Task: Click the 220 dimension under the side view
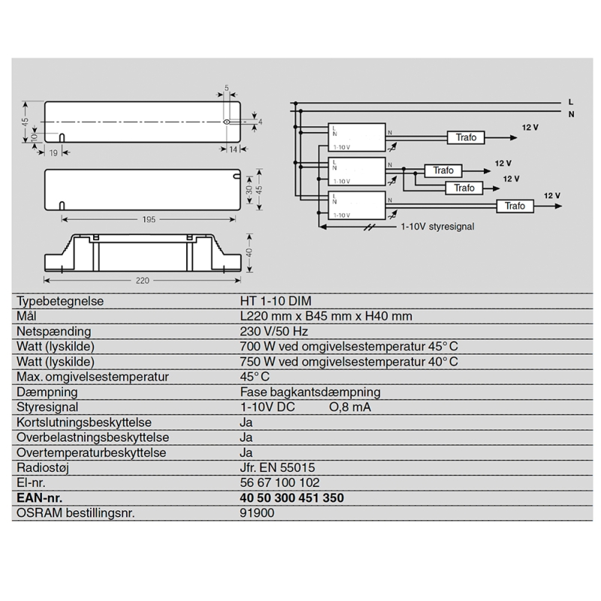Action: [143, 280]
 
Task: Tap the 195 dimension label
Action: [148, 219]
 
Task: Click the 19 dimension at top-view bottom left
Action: [53, 152]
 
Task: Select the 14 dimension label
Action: [233, 150]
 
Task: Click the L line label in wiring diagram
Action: [572, 101]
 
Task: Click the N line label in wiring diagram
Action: [572, 113]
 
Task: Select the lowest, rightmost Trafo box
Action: [515, 206]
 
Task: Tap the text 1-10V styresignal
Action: [436, 225]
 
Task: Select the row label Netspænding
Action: [53, 331]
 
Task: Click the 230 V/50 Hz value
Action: [273, 331]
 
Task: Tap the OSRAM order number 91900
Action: [257, 513]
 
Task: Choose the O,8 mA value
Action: [350, 407]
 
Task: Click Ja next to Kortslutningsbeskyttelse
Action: [246, 422]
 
